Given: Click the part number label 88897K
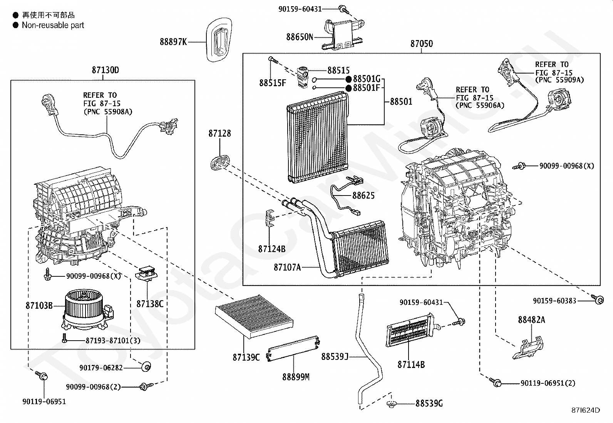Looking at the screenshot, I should pos(173,42).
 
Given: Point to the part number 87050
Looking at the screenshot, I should pos(421,44).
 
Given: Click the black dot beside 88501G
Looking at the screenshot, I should pos(348,79).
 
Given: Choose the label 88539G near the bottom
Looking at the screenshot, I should pos(429,403).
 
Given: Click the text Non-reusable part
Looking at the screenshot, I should pos(53,25).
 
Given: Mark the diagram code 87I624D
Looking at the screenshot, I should pos(586,410).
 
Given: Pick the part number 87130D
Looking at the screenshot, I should pos(106,70).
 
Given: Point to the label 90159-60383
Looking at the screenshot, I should pos(554,300).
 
